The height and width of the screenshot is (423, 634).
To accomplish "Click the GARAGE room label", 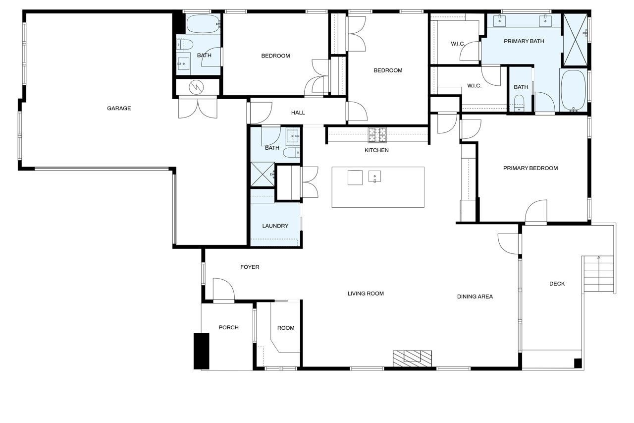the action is tap(119, 108).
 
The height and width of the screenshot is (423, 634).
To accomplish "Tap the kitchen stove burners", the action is tap(377, 135).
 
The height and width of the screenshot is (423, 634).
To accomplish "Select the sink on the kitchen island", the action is tap(374, 177).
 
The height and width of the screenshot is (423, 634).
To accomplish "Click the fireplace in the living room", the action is tap(413, 359).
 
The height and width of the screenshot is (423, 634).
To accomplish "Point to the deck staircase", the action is tap(599, 278).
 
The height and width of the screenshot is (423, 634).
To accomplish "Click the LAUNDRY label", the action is tap(275, 226).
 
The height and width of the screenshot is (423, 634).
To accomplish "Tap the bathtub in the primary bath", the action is tap(574, 90).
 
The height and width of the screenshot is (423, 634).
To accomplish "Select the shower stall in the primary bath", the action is tap(576, 40).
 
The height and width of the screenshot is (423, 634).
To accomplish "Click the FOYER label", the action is tap(250, 267).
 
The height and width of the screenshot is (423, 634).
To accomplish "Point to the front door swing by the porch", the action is tap(223, 289).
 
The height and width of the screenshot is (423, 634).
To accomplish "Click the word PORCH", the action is tap(229, 327).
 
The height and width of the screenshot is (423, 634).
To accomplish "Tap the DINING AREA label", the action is tap(475, 297).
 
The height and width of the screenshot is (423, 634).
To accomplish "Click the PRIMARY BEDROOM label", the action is tap(530, 168).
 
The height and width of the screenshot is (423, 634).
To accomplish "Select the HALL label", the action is tap(298, 113).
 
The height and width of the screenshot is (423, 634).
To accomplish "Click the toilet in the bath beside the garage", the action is tap(185, 45).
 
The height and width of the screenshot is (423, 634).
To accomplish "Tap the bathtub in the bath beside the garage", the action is tap(204, 24).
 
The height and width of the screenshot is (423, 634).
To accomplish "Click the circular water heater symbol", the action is tap(197, 87).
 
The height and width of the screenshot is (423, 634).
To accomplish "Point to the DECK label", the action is tap(557, 284).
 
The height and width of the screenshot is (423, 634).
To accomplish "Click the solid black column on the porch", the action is tap(201, 351).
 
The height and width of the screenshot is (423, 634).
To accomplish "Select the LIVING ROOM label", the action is tap(366, 294).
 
